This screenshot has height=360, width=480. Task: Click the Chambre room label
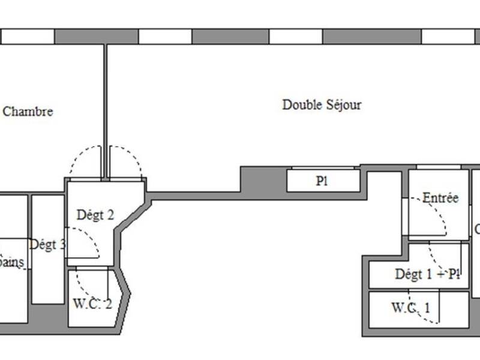[28, 112]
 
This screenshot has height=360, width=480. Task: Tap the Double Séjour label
[322, 105]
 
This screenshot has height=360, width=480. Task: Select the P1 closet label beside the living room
[322, 181]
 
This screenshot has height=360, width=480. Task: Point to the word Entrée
[440, 198]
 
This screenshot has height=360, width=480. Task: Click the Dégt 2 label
[95, 214]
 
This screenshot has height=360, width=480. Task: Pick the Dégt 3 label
[47, 244]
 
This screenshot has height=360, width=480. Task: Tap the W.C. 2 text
[92, 304]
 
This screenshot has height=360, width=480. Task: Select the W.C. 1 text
[410, 308]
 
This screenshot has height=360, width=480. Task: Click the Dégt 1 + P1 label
[428, 274]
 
